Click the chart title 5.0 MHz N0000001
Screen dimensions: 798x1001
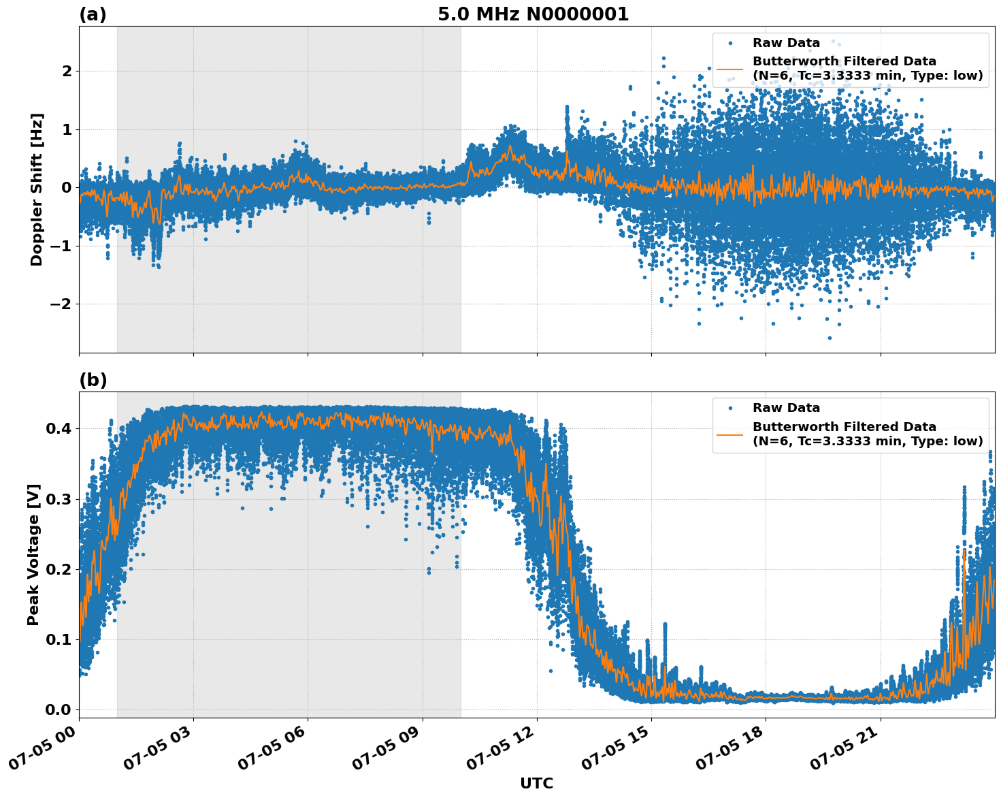click(533, 14)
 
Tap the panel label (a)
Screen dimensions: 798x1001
click(93, 14)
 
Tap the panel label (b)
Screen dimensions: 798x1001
click(93, 380)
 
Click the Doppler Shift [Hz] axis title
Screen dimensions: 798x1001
click(37, 189)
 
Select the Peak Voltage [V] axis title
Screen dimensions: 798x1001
click(33, 554)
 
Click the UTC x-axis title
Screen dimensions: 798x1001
click(536, 783)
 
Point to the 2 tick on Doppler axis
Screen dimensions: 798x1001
click(67, 71)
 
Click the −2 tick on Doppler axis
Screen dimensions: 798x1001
click(61, 304)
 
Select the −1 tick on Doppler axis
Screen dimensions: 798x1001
click(61, 246)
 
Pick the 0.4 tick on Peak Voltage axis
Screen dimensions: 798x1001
click(60, 429)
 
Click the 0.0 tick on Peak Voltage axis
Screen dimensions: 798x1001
click(60, 709)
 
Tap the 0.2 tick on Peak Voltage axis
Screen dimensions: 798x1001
click(60, 569)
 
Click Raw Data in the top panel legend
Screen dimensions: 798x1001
click(786, 43)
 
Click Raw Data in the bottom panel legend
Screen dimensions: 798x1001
click(786, 408)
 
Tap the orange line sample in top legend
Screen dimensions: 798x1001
click(730, 69)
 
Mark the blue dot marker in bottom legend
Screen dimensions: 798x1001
click(730, 409)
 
